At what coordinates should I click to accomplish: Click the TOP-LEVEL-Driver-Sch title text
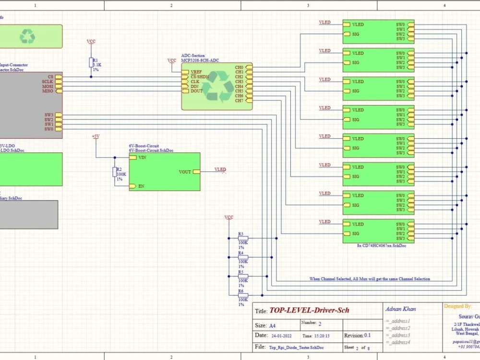pos(309,311)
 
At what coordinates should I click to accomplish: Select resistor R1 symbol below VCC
pos(91,62)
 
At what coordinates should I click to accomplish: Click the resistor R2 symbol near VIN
pos(114,172)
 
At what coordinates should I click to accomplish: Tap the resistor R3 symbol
pos(243,238)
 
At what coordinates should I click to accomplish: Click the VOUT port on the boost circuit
pos(196,172)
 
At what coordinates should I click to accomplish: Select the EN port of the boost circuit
pos(133,186)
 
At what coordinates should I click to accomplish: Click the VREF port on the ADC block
pos(185,72)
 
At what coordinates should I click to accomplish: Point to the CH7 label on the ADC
pos(239,101)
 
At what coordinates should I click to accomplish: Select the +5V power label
pos(95,137)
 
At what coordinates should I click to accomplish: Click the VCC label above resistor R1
pos(91,42)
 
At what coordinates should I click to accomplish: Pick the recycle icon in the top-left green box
pos(27,36)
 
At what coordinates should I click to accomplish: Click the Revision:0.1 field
pos(358,336)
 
